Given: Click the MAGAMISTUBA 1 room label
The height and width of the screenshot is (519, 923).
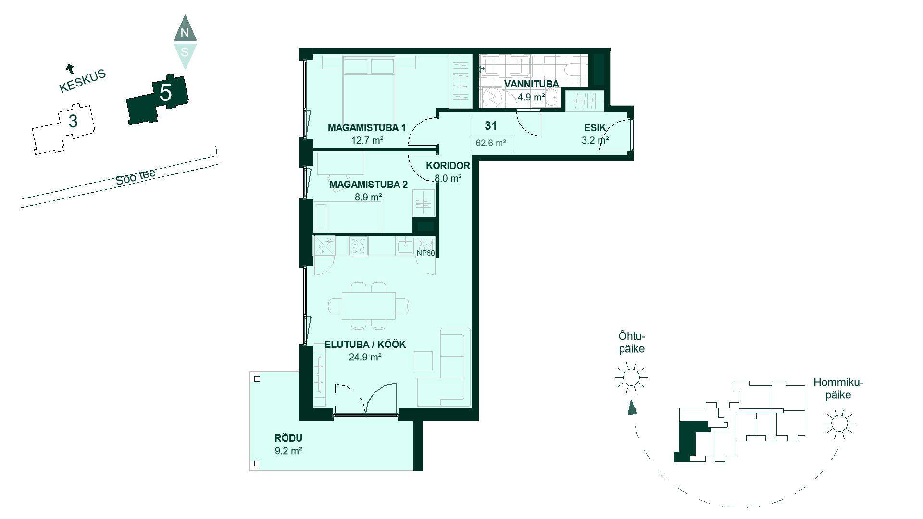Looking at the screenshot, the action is point(367,128).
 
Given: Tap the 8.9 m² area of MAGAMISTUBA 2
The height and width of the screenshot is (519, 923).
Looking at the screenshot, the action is point(368,197).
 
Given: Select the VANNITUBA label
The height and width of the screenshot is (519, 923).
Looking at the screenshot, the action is point(531,84).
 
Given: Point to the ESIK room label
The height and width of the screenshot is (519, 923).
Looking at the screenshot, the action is point(595,128).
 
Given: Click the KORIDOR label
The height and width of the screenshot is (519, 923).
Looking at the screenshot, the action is point(448,166).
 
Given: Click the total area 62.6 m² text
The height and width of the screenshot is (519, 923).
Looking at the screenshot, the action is point(491,143).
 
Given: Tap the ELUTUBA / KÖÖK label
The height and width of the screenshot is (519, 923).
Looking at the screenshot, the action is point(365,345).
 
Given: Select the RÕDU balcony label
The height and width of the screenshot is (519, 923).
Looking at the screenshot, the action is point(288,438).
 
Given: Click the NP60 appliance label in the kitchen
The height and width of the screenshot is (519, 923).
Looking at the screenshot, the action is point(426,253).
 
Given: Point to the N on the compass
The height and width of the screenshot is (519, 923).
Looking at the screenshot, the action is point(185,33).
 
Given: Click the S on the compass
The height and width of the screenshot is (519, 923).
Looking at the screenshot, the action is point(185,51).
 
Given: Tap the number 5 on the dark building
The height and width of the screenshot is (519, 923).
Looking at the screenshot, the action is point(165,92).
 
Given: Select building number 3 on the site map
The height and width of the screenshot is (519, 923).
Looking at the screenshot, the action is point(73,121).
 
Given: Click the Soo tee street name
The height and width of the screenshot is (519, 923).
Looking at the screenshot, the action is point(136,177).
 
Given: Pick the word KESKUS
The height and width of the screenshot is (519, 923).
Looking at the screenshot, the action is point(82,81).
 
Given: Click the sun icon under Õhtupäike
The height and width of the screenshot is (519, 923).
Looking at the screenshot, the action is point(631,377).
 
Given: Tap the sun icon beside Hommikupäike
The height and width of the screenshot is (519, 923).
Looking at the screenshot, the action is point(839,423).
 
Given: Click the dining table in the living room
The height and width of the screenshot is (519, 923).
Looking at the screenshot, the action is point(369,306).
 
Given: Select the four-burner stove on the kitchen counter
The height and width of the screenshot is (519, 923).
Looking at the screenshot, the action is point(359,246).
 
